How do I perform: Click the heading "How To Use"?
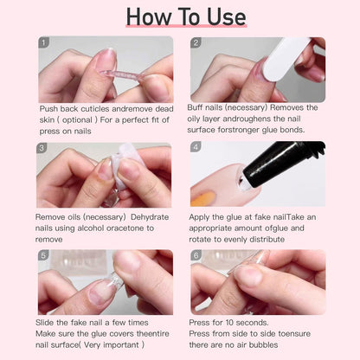[180, 16]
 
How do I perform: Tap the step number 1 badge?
[44, 42]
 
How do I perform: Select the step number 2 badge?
[196, 42]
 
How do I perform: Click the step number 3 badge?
[43, 148]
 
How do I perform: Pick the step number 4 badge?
[196, 148]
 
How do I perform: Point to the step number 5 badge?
[43, 255]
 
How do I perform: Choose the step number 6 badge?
[196, 255]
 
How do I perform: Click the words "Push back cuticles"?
[73, 109]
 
